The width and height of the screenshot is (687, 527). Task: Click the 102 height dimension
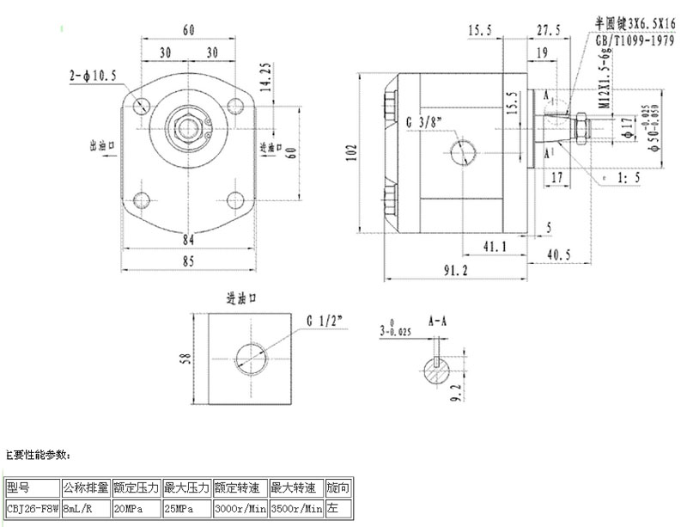tap(350, 153)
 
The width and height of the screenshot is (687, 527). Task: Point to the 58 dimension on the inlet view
tap(182, 358)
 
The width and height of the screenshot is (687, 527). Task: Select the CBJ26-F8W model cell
tap(32, 509)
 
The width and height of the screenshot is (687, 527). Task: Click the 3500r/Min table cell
tap(296, 509)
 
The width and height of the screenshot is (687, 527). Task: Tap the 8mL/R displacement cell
tap(85, 509)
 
